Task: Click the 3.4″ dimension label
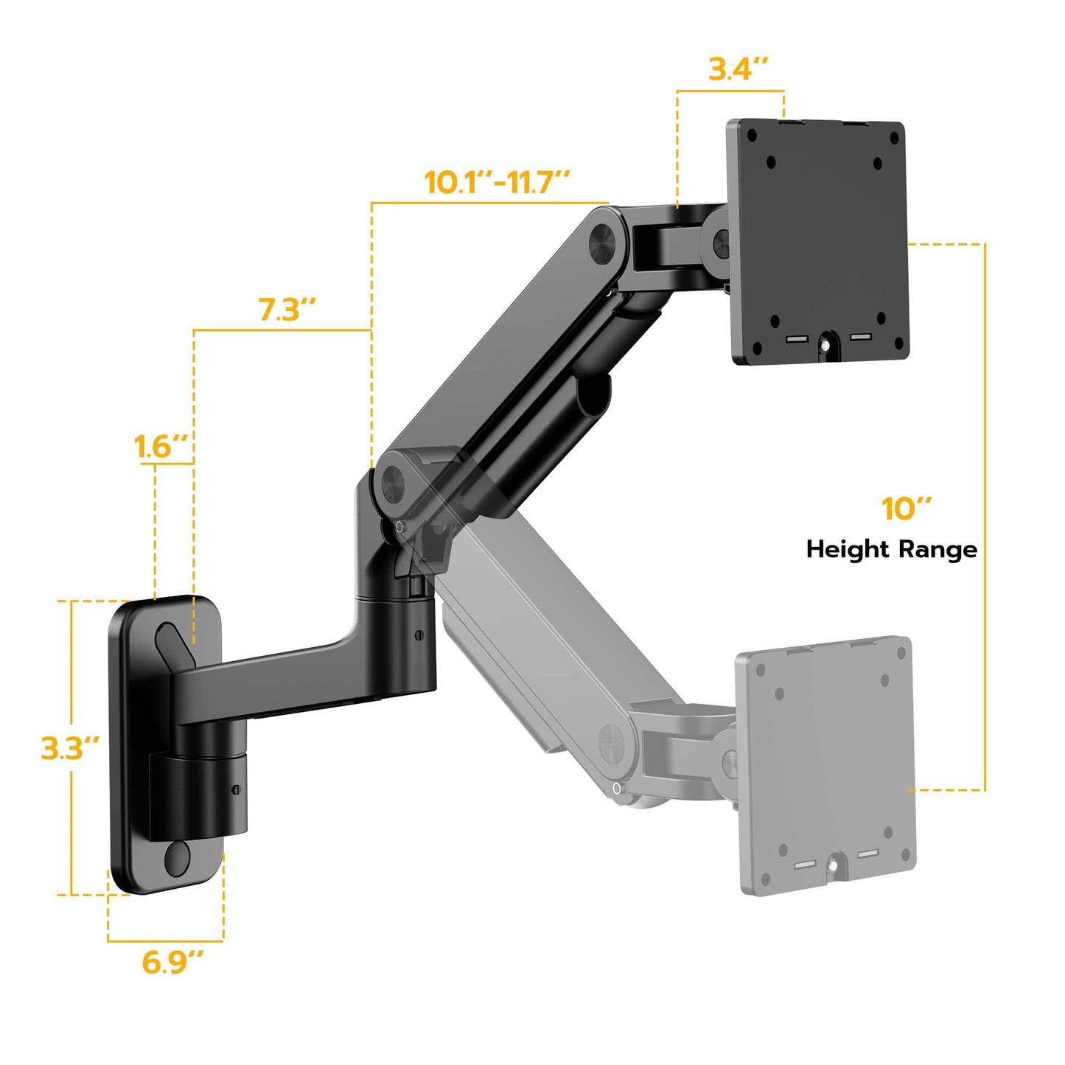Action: (738, 69)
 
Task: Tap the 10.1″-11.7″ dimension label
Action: (497, 182)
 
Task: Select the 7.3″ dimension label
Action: (287, 310)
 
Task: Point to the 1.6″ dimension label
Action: (161, 447)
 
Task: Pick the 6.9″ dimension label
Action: (172, 962)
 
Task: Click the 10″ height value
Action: (906, 509)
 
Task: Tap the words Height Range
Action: (891, 549)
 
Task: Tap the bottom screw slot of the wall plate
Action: (178, 858)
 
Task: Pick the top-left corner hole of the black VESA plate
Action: (752, 136)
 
